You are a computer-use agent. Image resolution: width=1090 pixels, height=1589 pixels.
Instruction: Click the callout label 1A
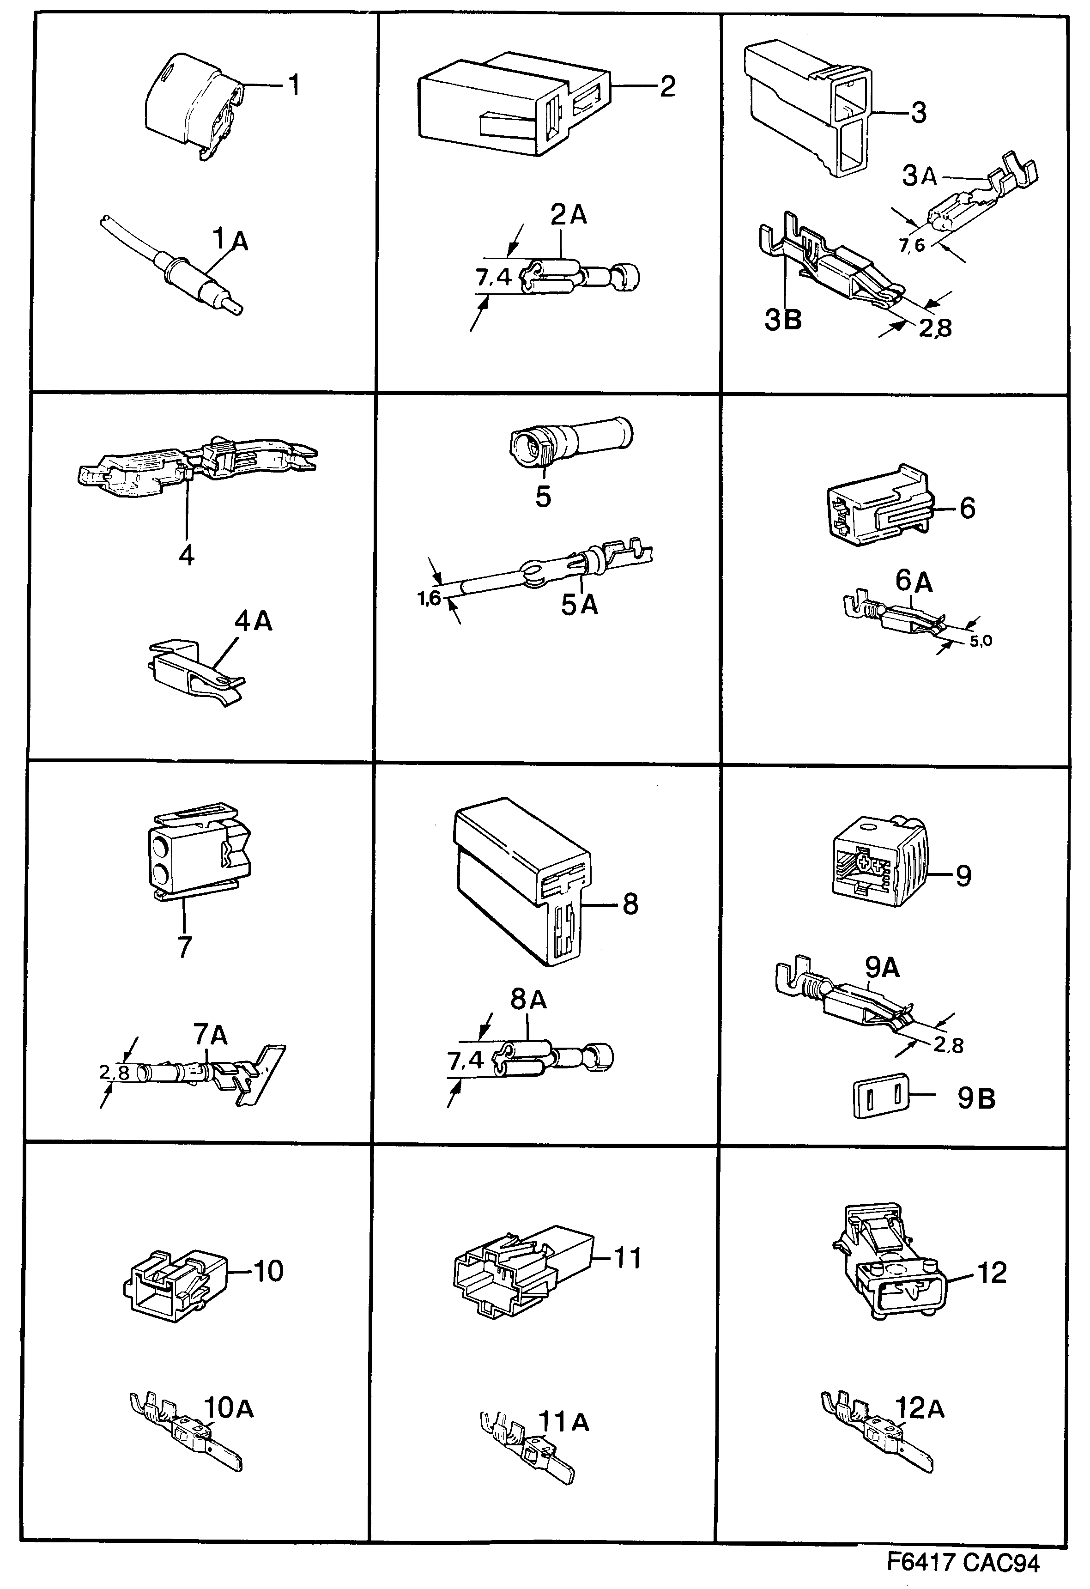click(230, 241)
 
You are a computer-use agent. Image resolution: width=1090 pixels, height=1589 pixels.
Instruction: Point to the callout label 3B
click(782, 319)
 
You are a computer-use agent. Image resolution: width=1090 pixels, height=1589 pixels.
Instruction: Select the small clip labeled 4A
click(195, 673)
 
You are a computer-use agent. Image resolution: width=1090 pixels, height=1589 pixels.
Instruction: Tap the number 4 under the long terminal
click(186, 554)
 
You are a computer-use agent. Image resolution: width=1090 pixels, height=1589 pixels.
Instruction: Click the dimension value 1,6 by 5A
click(429, 600)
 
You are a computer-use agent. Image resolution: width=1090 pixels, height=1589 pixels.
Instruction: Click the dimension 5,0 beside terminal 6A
click(980, 641)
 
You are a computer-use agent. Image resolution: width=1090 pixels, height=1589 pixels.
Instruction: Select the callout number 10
click(268, 1270)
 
